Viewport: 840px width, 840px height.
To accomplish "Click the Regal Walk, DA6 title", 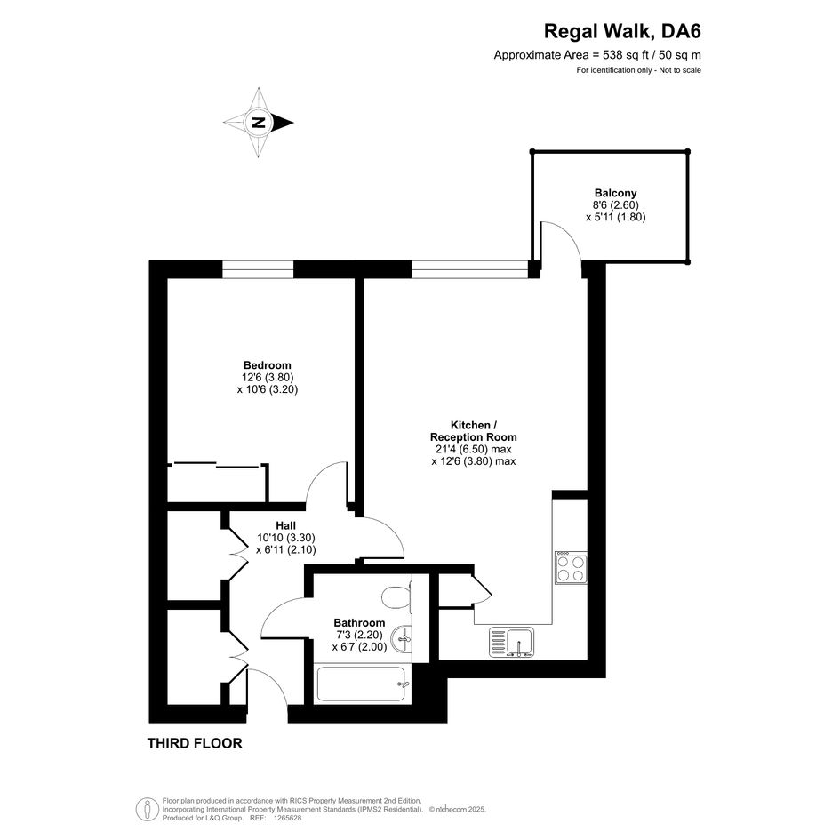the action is pyautogui.click(x=622, y=31).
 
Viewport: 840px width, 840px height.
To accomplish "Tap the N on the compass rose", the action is pyautogui.click(x=259, y=123).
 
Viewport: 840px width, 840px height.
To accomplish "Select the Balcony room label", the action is pyautogui.click(x=615, y=193).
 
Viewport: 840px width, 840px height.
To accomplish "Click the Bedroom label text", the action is pyautogui.click(x=268, y=365).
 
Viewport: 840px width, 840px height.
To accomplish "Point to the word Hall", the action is pyautogui.click(x=285, y=525).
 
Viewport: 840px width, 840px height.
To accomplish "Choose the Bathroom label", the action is pyautogui.click(x=359, y=622).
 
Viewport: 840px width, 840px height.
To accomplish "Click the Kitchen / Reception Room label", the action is pyautogui.click(x=474, y=431).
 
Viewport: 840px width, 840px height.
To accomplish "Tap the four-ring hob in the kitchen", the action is pyautogui.click(x=571, y=568).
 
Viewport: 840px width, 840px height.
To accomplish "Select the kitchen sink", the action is pyautogui.click(x=511, y=643).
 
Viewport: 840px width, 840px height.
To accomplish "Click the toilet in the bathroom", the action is pyautogui.click(x=396, y=597).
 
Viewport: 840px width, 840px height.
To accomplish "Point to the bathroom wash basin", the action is pyautogui.click(x=402, y=638).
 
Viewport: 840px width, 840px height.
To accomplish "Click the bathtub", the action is pyautogui.click(x=364, y=684).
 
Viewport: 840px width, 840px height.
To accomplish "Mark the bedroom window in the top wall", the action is pyautogui.click(x=258, y=269).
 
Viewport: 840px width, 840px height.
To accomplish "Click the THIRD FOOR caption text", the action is pyautogui.click(x=195, y=743).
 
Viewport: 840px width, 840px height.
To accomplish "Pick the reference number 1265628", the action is pyautogui.click(x=288, y=819).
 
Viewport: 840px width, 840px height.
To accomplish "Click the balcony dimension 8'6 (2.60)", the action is pyautogui.click(x=615, y=204).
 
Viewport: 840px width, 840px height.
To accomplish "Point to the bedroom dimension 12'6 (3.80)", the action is pyautogui.click(x=268, y=377).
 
